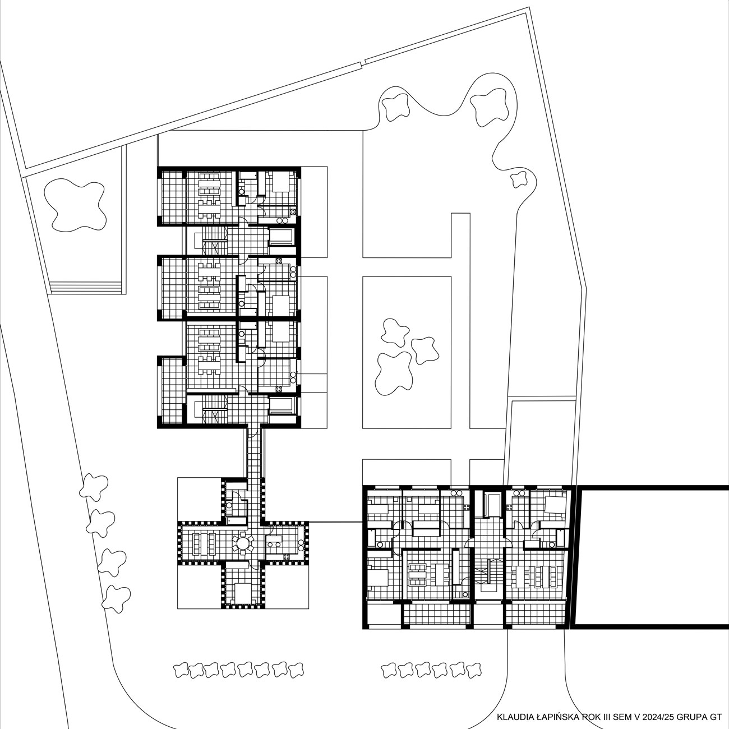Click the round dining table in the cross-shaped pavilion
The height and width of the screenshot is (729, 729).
[242, 544]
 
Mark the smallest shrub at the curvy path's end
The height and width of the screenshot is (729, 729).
[518, 179]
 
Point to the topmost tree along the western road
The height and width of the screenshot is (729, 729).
[94, 487]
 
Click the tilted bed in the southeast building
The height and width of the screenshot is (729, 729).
[556, 504]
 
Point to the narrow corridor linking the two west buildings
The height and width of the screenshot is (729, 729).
[253, 454]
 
